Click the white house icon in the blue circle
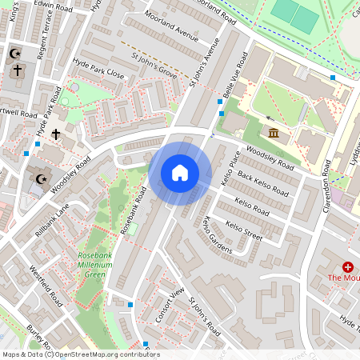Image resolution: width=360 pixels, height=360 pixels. (180, 172)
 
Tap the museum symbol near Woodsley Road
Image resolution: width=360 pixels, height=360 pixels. (274, 132)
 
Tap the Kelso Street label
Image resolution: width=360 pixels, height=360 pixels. (244, 232)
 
